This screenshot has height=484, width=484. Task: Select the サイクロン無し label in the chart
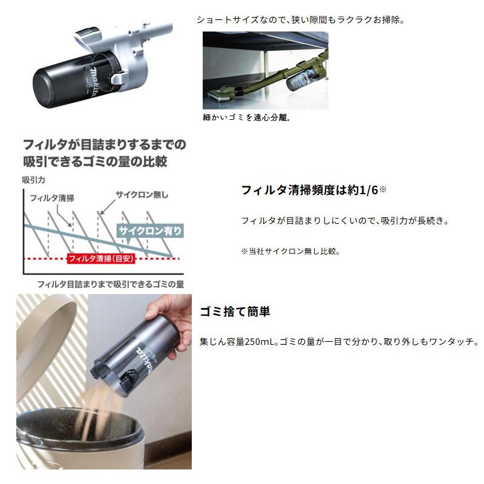point(142,194)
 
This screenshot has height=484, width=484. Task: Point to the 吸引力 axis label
point(34,180)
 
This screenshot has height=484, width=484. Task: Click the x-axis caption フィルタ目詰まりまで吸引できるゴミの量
point(110,284)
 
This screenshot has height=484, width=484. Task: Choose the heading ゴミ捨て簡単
point(235,312)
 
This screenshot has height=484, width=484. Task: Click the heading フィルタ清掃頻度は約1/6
point(309,190)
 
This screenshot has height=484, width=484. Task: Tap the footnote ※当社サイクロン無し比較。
point(290,251)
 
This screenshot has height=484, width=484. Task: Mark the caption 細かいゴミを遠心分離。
point(246,117)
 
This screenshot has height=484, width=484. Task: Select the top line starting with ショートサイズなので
point(300,19)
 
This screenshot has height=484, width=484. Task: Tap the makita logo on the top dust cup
point(91,82)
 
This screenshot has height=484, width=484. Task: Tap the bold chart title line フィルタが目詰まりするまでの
point(103,145)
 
